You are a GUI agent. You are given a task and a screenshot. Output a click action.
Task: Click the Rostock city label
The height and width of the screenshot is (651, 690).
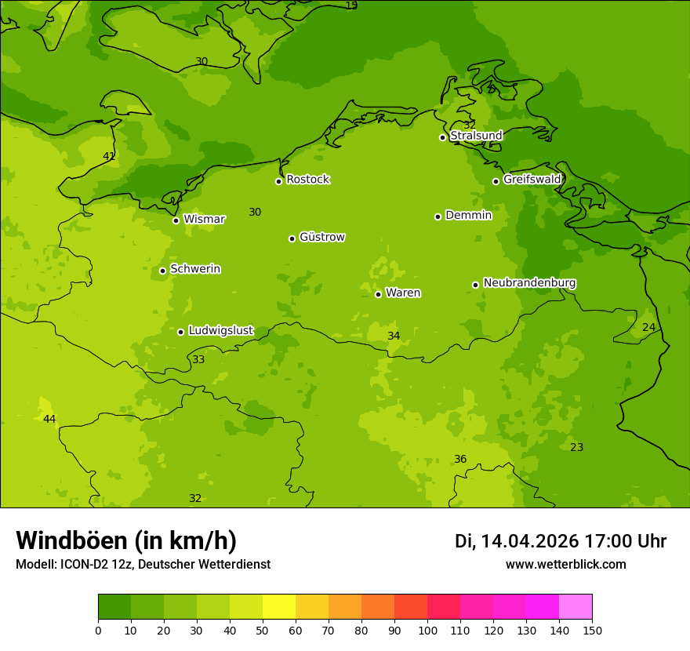pos(307,180)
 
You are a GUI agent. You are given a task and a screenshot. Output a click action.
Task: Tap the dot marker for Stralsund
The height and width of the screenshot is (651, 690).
pos(442,137)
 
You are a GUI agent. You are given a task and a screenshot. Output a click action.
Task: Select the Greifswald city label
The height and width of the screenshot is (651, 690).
pos(532,180)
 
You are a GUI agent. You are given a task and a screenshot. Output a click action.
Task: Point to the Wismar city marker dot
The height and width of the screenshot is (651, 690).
pos(176,220)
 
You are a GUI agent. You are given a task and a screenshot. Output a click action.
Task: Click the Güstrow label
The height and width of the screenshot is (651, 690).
pos(321,237)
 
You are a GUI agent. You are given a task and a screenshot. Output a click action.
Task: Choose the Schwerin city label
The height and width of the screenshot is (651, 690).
pos(194,269)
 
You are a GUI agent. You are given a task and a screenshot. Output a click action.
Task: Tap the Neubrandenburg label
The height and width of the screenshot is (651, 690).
pos(529,283)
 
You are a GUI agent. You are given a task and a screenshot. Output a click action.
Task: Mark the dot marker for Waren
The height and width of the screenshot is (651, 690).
pos(378,294)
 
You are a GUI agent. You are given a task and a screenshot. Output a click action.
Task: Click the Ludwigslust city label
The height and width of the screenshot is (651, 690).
pos(220,330)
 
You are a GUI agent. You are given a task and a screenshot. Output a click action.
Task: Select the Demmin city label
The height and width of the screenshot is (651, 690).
pos(468,215)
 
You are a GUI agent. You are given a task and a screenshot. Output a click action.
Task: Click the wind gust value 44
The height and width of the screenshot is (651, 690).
pos(49,420)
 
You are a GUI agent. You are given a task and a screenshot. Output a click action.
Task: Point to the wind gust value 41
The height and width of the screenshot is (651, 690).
pos(109,157)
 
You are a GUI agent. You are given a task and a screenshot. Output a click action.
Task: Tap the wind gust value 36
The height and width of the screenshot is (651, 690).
pos(460,460)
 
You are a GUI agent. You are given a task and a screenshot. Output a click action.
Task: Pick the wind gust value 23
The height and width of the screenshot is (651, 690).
pos(576,448)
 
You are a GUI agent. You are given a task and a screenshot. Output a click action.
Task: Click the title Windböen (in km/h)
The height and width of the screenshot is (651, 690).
pos(126,540)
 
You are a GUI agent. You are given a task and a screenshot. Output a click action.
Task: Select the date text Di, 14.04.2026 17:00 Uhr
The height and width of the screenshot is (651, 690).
pos(560,541)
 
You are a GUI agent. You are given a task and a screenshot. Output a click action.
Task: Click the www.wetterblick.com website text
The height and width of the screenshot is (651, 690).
pos(565,565)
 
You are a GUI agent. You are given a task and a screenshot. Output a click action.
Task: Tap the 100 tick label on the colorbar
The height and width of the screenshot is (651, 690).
pos(427,631)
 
